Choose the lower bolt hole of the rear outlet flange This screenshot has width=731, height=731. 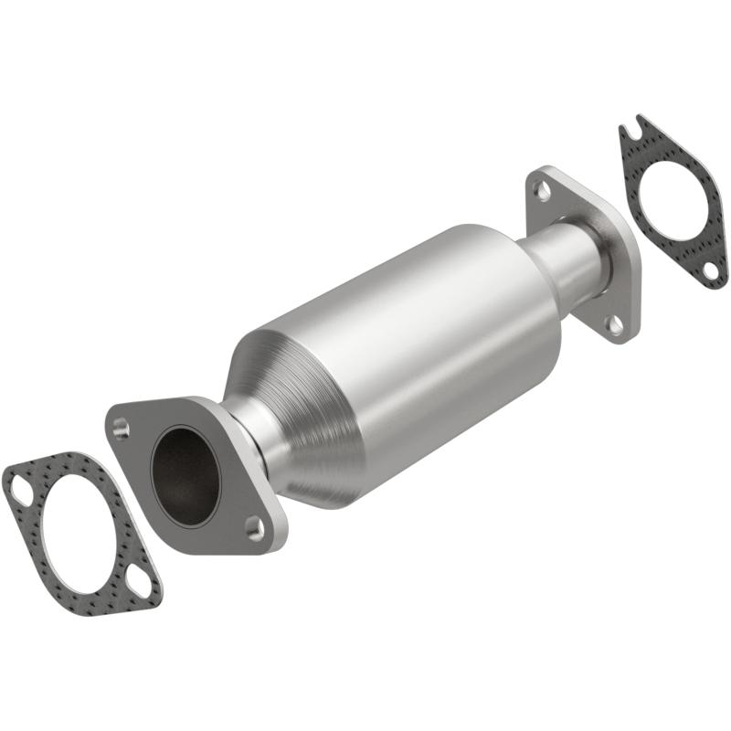click(x=614, y=323)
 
